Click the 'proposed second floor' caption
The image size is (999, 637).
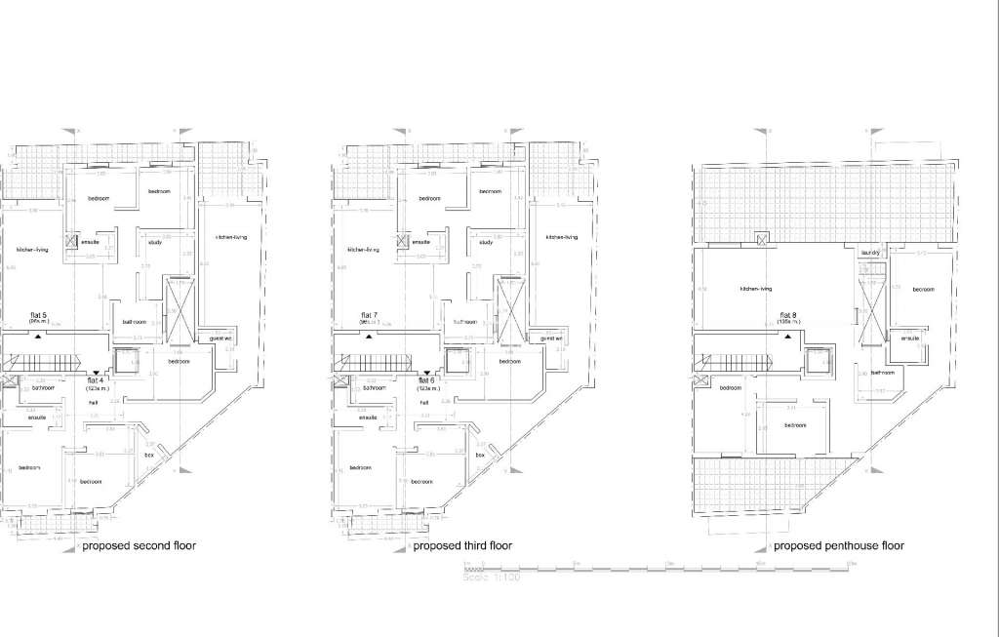pyautogui.click(x=139, y=545)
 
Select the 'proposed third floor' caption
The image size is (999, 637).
pyautogui.click(x=462, y=545)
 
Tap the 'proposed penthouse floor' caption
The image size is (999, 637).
pyautogui.click(x=838, y=545)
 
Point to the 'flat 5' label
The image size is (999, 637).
pyautogui.click(x=40, y=315)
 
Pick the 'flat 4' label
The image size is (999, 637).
pyautogui.click(x=96, y=380)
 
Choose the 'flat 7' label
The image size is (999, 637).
pyautogui.click(x=370, y=315)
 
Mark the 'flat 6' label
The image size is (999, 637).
pyautogui.click(x=425, y=380)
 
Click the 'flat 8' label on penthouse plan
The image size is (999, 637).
pyautogui.click(x=788, y=315)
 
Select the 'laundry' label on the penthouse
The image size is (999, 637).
pyautogui.click(x=870, y=254)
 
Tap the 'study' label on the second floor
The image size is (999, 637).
pyautogui.click(x=156, y=242)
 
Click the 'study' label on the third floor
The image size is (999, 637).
pyautogui.click(x=486, y=242)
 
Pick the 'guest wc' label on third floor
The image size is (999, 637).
pyautogui.click(x=552, y=338)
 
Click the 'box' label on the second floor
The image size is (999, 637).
pyautogui.click(x=149, y=456)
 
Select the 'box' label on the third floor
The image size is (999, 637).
pyautogui.click(x=479, y=456)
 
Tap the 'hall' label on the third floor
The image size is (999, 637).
pyautogui.click(x=423, y=402)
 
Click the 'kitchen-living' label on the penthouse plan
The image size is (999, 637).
pyautogui.click(x=756, y=289)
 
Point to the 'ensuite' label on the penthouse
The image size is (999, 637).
pyautogui.click(x=910, y=338)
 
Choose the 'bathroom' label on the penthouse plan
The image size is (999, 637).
pyautogui.click(x=882, y=372)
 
